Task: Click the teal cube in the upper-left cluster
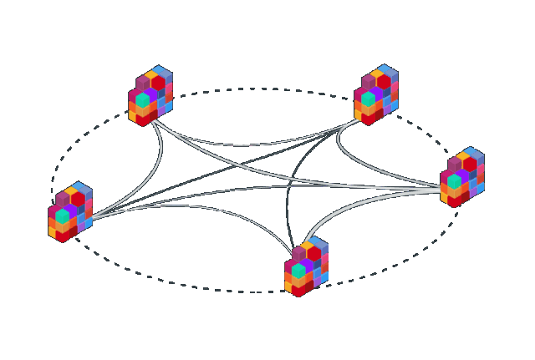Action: point(143,100)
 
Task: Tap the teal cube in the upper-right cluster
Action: point(368,99)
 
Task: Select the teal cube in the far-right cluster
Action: point(454,181)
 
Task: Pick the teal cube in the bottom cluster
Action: point(298,271)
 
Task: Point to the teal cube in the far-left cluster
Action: point(63,215)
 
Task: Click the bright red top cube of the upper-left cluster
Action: point(158,83)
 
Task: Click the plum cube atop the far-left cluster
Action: point(63,199)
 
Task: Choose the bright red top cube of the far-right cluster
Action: point(469,165)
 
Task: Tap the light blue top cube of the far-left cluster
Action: point(80,188)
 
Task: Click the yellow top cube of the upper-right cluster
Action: point(377,74)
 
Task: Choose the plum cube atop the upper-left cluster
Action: point(143,83)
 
